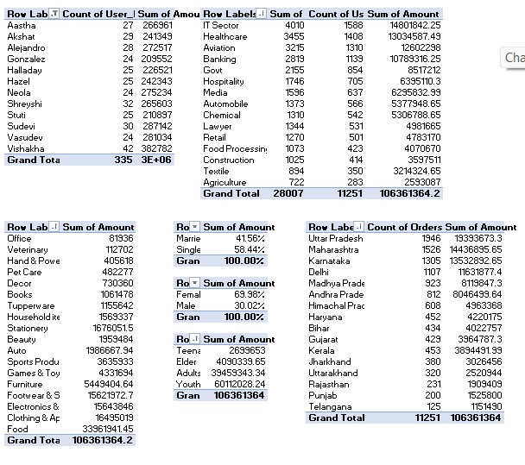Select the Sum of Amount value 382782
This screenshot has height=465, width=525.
coord(156,148)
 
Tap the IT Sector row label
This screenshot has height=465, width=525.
coord(220,26)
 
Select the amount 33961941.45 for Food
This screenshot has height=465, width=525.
coord(103,429)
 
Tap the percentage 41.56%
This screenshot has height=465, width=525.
coord(250,238)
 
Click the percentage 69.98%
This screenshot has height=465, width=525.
coord(250,294)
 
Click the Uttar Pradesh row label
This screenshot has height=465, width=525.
coord(335,238)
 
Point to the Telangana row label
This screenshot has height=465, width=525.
coord(330,406)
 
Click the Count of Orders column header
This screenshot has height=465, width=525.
coord(404,227)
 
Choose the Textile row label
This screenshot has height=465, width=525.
coord(217,171)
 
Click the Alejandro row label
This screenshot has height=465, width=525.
coord(25,48)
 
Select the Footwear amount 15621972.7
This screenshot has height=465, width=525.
coord(103,395)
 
